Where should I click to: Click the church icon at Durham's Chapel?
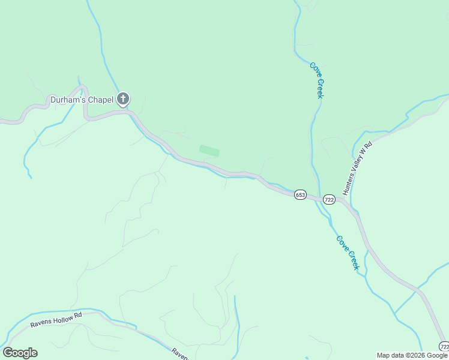(123, 99)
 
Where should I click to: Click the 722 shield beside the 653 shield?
(329, 199)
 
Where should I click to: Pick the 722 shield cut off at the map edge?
(444, 347)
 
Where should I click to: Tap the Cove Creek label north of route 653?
(318, 80)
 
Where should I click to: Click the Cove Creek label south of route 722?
(348, 252)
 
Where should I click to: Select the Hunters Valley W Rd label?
(358, 169)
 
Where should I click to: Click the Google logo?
(20, 353)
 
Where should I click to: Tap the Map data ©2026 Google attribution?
(412, 355)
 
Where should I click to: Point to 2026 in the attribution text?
(414, 355)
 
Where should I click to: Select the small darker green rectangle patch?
(209, 151)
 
